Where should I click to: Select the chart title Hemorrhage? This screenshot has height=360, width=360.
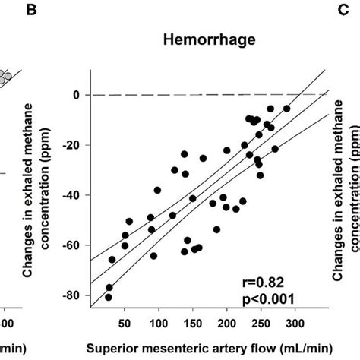[x=208, y=45]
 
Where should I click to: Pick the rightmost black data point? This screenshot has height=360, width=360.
[x=286, y=109]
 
